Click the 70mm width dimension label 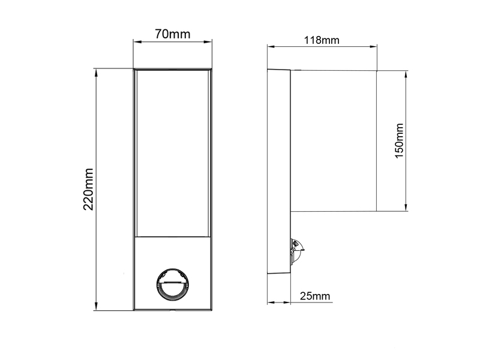pyautogui.click(x=172, y=34)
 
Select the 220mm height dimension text pyautogui.click(x=88, y=189)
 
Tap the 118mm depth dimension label pyautogui.click(x=322, y=40)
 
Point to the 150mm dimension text pyautogui.click(x=399, y=141)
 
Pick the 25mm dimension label pyautogui.click(x=315, y=296)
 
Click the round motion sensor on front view pyautogui.click(x=172, y=284)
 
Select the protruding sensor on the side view pyautogui.click(x=296, y=251)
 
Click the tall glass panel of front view pyautogui.click(x=172, y=153)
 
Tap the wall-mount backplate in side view pyautogui.click(x=279, y=172)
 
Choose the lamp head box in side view pyautogui.click(x=334, y=141)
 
